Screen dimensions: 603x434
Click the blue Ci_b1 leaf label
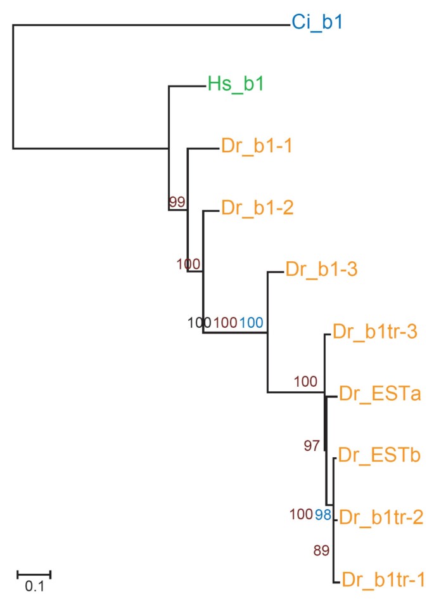point(317,23)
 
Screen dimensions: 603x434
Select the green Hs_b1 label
point(236,85)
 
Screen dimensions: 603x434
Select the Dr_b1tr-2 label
point(380,517)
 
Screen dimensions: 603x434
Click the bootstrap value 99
point(177,202)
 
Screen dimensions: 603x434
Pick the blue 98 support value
point(323,514)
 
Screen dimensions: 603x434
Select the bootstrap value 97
point(312,446)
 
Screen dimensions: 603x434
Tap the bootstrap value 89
point(322,550)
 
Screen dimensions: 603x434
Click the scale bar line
point(34,573)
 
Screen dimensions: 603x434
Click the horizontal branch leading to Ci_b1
point(152,25)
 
